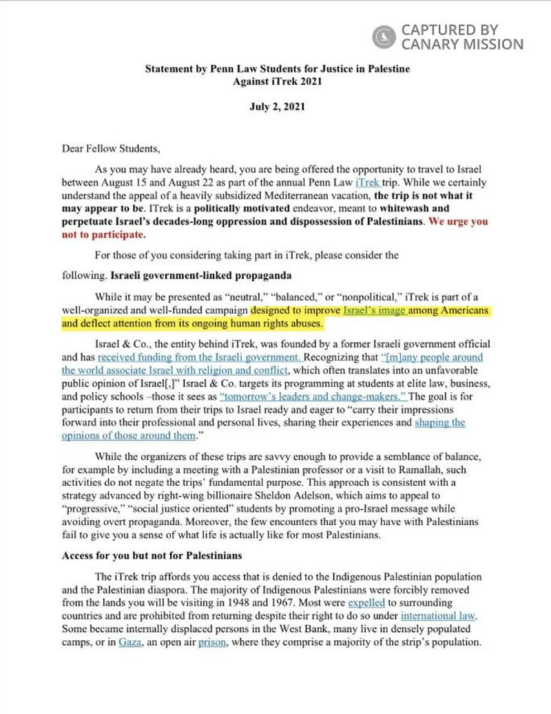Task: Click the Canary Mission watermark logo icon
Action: click(x=383, y=37)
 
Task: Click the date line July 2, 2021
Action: click(x=277, y=107)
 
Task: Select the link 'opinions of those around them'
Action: click(x=129, y=436)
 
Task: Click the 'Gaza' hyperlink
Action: click(x=129, y=641)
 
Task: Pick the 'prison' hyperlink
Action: click(x=211, y=641)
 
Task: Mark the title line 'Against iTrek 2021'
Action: click(x=277, y=81)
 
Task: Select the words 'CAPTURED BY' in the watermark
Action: click(x=448, y=30)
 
